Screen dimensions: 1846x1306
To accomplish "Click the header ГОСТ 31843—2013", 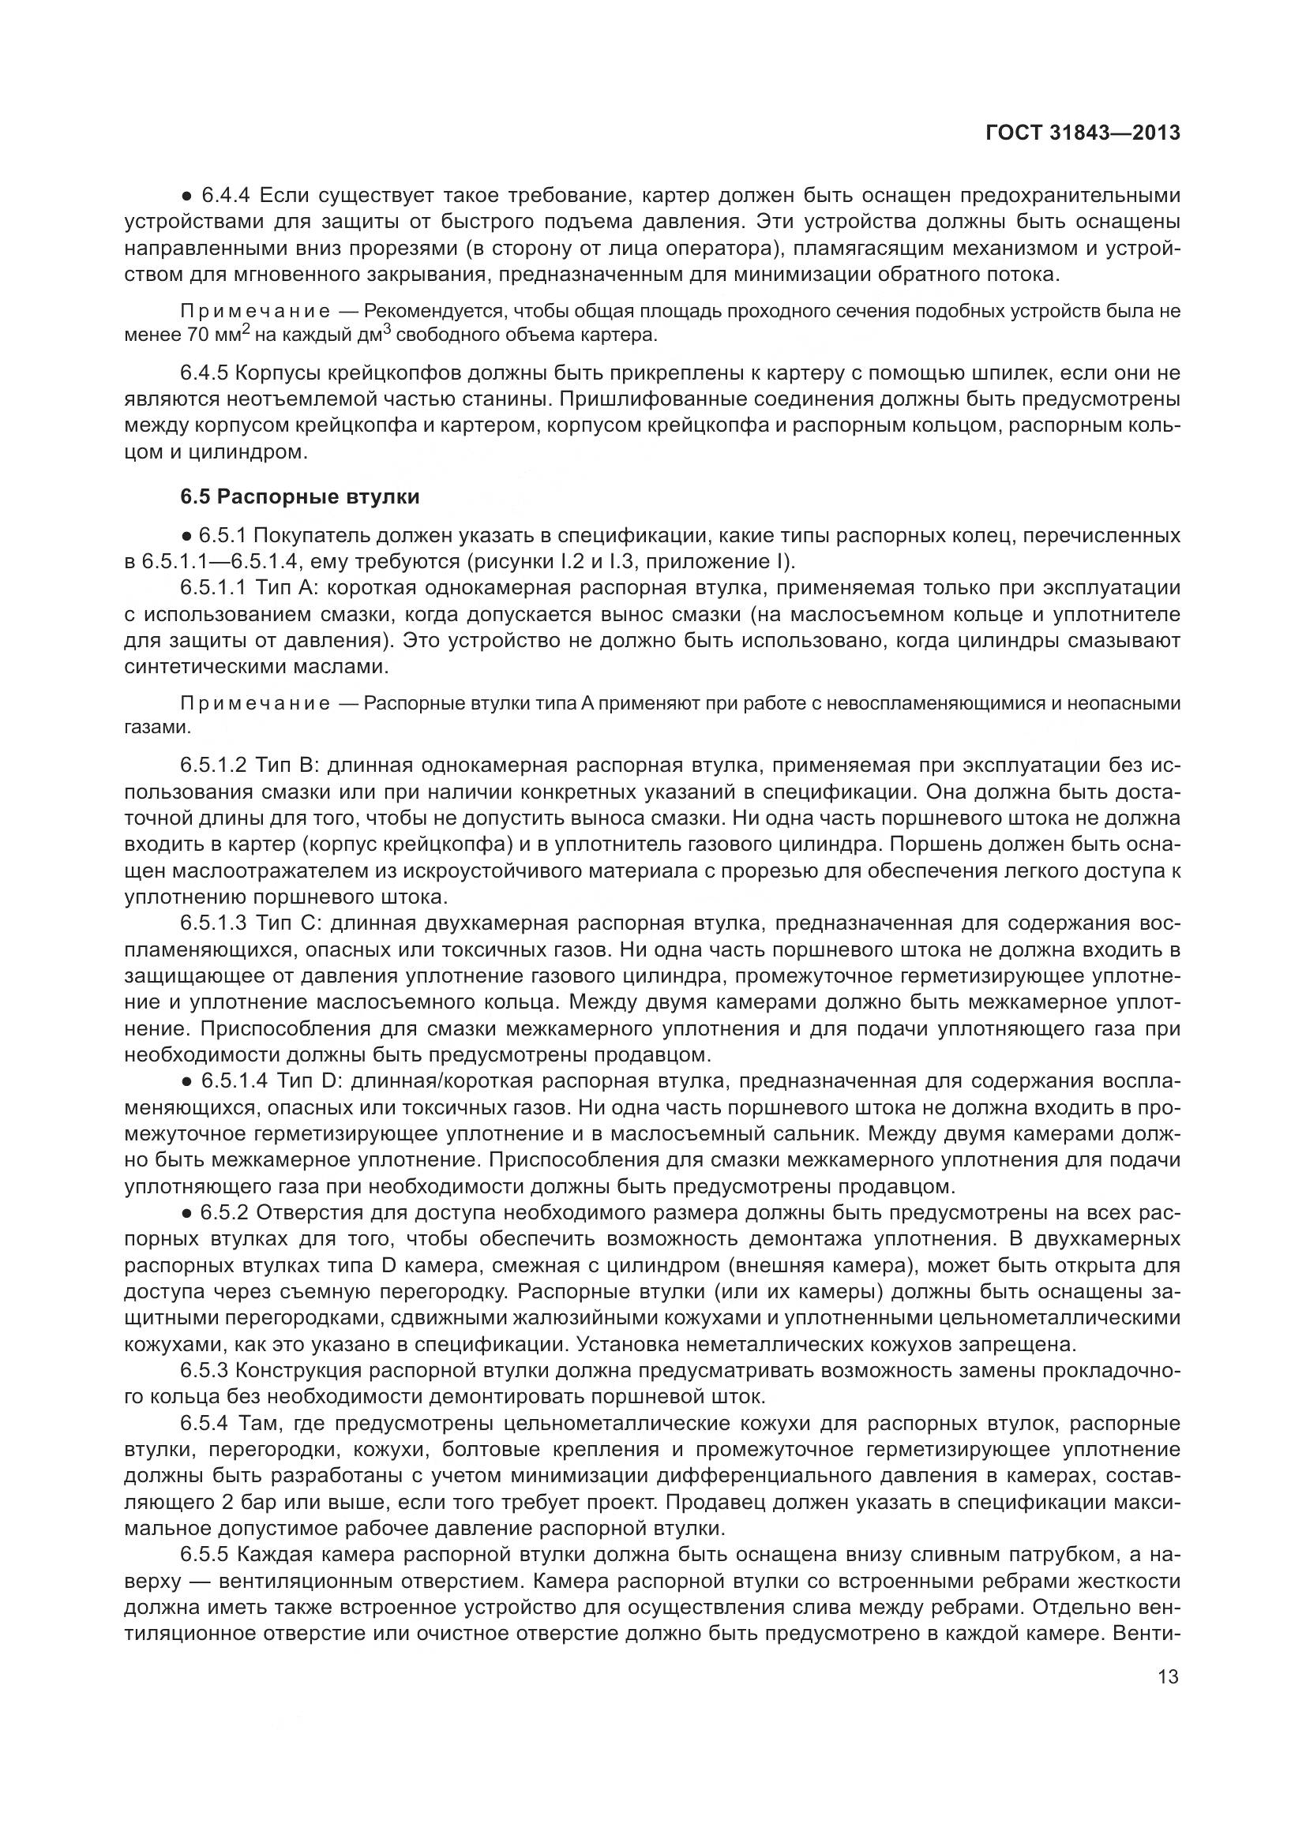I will (1083, 133).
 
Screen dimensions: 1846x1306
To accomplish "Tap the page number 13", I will (1168, 1677).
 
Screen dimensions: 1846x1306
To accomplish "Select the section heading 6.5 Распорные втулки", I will (299, 497).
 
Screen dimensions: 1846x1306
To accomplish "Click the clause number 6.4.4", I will (226, 196).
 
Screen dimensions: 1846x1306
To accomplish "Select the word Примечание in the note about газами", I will (255, 704).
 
